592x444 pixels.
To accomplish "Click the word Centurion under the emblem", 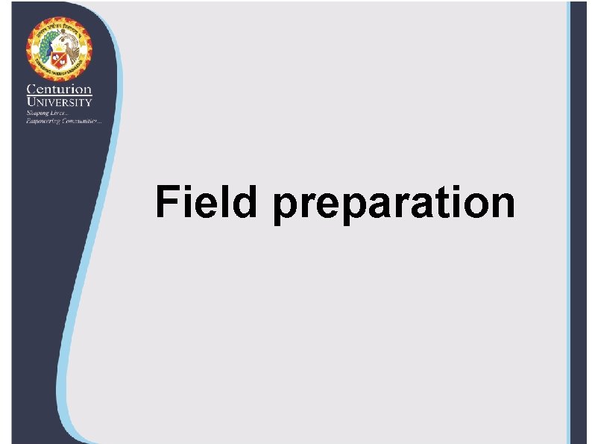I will (x=60, y=90).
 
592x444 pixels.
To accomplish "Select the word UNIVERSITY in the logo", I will (x=60, y=102).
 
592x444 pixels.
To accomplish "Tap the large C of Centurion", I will (x=32, y=90).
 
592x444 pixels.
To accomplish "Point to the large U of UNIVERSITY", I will (x=31, y=102).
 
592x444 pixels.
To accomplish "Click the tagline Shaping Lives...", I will (x=47, y=112).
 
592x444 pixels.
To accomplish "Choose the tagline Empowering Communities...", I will (x=64, y=120).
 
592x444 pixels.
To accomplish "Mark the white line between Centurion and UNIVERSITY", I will (x=60, y=96).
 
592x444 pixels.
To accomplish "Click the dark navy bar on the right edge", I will (x=582, y=224).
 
